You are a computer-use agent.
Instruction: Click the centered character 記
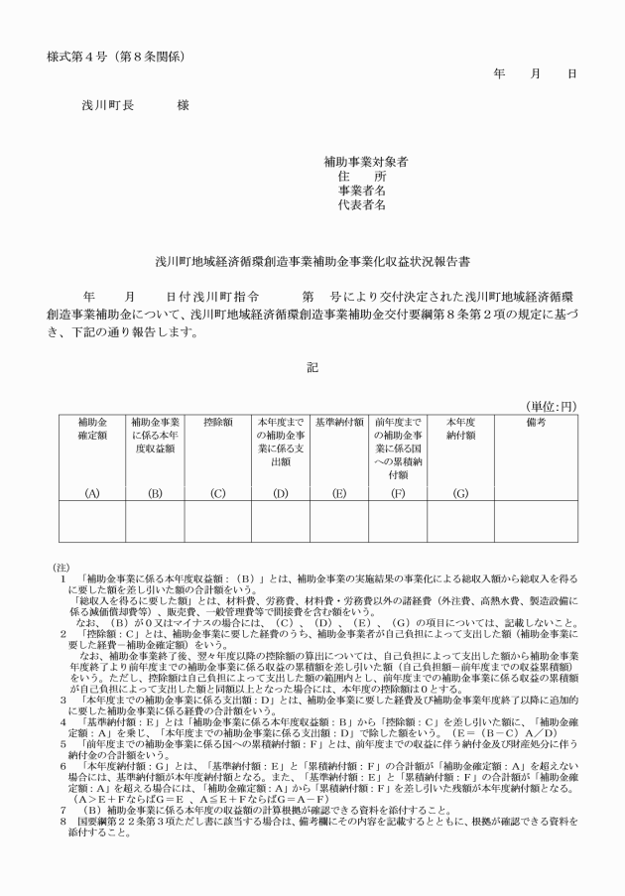pos(312,367)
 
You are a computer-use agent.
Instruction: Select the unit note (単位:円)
pos(550,407)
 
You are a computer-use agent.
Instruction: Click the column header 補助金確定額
pos(92,428)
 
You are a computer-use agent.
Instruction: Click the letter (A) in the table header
pos(92,491)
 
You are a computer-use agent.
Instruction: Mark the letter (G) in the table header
pos(461,491)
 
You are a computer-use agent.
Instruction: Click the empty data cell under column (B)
pos(155,523)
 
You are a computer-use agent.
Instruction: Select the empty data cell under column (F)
pos(400,523)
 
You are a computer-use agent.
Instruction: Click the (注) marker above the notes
pos(59,567)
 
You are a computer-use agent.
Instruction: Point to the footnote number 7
pos(62,810)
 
